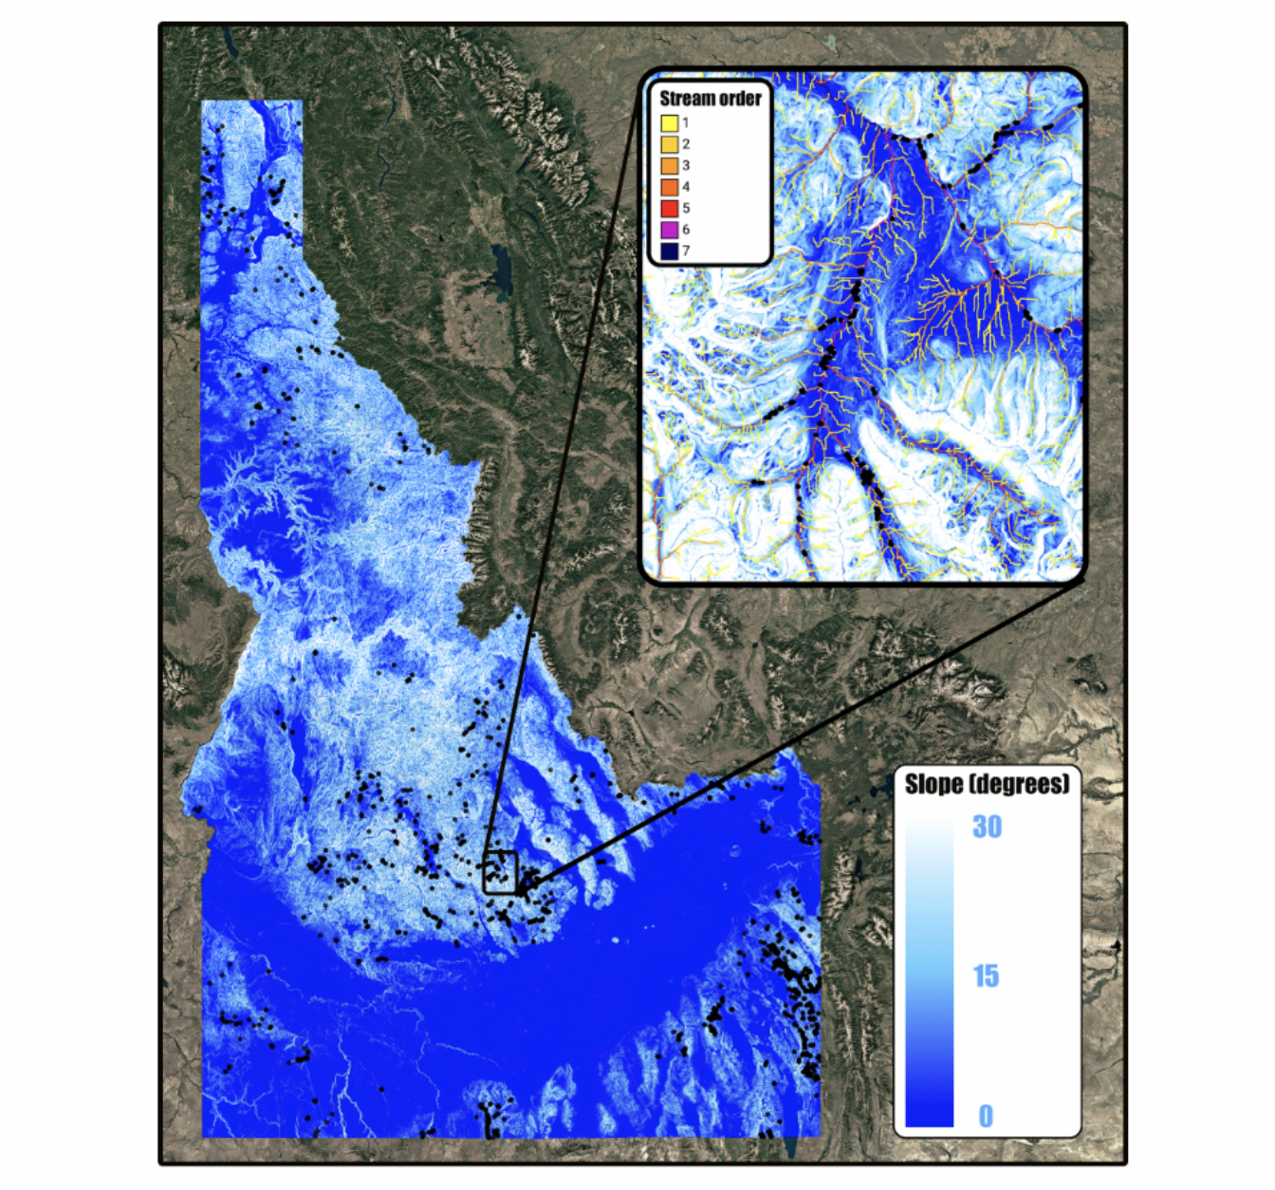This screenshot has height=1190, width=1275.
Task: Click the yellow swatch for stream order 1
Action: (669, 122)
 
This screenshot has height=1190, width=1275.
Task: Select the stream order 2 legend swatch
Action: (669, 144)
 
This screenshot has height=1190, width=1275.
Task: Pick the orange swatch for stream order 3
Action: (669, 165)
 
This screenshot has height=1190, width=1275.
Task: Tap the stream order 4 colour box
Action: (669, 187)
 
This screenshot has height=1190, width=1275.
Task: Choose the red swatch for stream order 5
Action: (669, 208)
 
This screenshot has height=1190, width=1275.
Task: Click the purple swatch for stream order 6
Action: (669, 230)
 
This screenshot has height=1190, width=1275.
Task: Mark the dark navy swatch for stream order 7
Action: (669, 251)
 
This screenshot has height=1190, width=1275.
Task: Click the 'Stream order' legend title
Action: (710, 99)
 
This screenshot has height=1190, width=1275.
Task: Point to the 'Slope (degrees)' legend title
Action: (987, 784)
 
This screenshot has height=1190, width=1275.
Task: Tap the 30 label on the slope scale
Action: (987, 827)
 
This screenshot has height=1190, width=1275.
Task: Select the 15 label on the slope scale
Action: (986, 976)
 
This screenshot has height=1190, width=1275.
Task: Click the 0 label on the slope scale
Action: (986, 1116)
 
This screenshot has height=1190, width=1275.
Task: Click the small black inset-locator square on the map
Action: (500, 872)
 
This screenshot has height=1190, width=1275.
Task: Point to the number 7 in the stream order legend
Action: (686, 251)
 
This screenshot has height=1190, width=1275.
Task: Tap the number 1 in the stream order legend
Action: (686, 122)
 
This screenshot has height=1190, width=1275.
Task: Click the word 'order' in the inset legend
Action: (741, 99)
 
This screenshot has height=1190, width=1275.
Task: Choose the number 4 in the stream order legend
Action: (686, 187)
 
